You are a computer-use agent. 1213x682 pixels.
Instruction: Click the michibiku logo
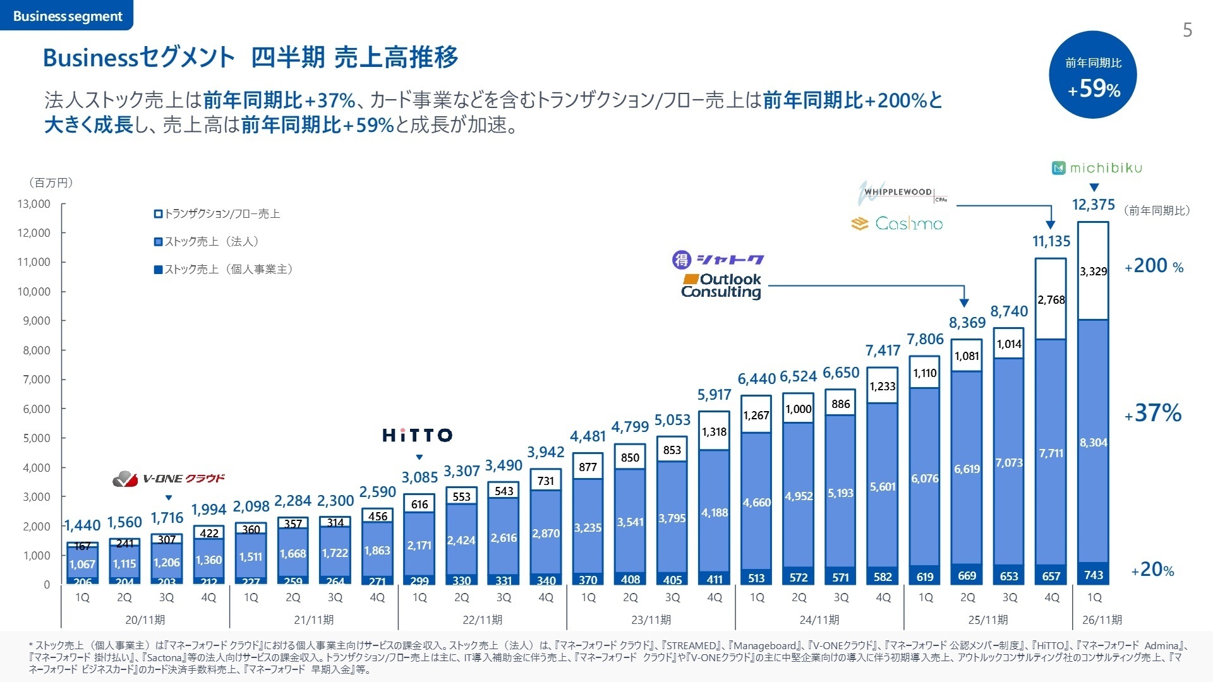point(1097,168)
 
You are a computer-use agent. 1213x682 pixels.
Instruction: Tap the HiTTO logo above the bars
point(418,435)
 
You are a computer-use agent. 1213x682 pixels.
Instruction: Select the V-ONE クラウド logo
point(169,479)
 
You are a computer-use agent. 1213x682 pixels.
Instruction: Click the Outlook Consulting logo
point(721,285)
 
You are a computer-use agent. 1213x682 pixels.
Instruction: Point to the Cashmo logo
point(897,224)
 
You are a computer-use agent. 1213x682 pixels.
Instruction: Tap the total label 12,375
point(1094,205)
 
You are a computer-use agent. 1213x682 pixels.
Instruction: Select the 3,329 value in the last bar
point(1093,272)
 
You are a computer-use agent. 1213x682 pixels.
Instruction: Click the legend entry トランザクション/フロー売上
point(217,214)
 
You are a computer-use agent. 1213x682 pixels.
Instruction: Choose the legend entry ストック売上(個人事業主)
point(224,270)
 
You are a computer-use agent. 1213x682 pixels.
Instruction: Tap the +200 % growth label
point(1154,266)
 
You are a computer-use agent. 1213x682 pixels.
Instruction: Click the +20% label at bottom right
point(1152,570)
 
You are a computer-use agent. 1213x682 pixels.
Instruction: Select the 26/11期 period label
point(1102,619)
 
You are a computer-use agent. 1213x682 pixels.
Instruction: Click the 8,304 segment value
point(1093,443)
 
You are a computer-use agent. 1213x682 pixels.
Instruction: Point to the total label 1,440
point(82,525)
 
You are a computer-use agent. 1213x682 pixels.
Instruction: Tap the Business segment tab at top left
point(67,16)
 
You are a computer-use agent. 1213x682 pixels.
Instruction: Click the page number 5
point(1187,30)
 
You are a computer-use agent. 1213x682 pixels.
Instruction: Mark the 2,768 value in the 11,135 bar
point(1051,300)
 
